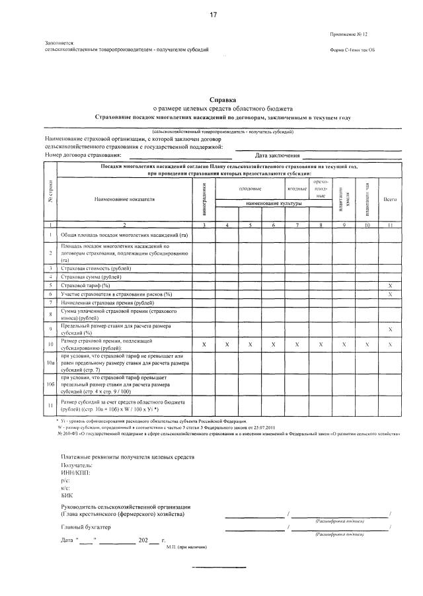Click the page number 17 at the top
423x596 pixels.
coord(213,15)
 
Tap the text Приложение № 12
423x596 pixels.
coord(350,34)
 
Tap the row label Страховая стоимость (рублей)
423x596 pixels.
coord(96,268)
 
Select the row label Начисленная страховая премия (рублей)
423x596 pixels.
coord(107,302)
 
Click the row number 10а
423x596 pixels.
coord(51,364)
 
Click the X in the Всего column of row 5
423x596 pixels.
coord(390,284)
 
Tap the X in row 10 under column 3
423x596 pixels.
coord(204,345)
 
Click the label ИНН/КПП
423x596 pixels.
coord(75,473)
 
